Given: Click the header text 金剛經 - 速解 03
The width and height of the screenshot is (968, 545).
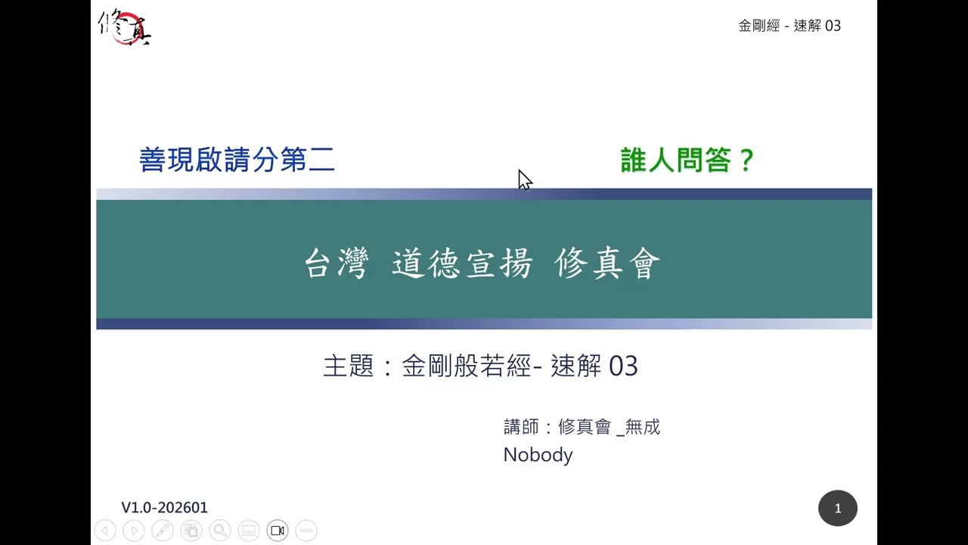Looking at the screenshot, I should pos(789,26).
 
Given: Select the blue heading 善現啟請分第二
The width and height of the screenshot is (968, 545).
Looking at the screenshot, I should pos(237,160).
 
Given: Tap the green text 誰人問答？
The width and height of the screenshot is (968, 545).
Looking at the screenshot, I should pos(687,160).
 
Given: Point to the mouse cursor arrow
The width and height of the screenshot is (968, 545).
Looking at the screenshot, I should pos(524,179).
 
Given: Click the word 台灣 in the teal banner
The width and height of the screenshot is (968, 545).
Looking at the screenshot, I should pos(336,264).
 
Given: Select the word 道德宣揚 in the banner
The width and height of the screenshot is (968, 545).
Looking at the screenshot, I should pos(462,264).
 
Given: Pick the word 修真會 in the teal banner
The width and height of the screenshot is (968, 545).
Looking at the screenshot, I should pos(607,264).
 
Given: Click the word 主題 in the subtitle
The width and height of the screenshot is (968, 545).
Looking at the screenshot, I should pos(349,366).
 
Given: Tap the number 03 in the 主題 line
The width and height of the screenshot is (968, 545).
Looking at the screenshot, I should pos(623,366).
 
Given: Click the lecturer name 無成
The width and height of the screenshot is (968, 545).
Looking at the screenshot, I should pos(643,427).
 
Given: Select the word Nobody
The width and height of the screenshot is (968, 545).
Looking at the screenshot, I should pos(538,455).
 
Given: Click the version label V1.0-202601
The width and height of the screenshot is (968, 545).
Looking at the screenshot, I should pos(164,507).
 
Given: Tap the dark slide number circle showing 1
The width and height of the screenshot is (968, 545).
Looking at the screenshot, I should pos(837,509).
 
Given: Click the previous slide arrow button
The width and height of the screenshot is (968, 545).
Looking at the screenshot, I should pos(105,531).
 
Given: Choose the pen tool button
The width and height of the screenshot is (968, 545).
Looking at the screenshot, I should pos(163,531).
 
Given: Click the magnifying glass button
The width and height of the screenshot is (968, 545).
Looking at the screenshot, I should pos(220,531).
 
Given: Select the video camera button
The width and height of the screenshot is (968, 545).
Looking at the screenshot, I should pos(278,531).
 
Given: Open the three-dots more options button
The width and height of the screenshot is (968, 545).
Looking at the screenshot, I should pos(306,531).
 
